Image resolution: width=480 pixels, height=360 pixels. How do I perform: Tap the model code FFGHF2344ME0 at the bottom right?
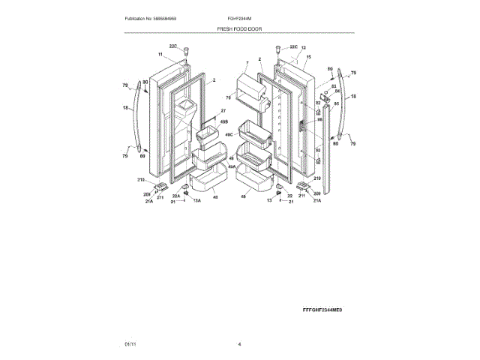tap(327, 310)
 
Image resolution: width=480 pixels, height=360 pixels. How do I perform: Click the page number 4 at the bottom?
tap(239, 344)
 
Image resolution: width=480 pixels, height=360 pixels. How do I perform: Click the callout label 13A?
tap(197, 202)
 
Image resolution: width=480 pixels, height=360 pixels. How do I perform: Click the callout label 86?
tap(319, 119)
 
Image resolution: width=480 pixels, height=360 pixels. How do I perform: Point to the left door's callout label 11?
tap(160, 55)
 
